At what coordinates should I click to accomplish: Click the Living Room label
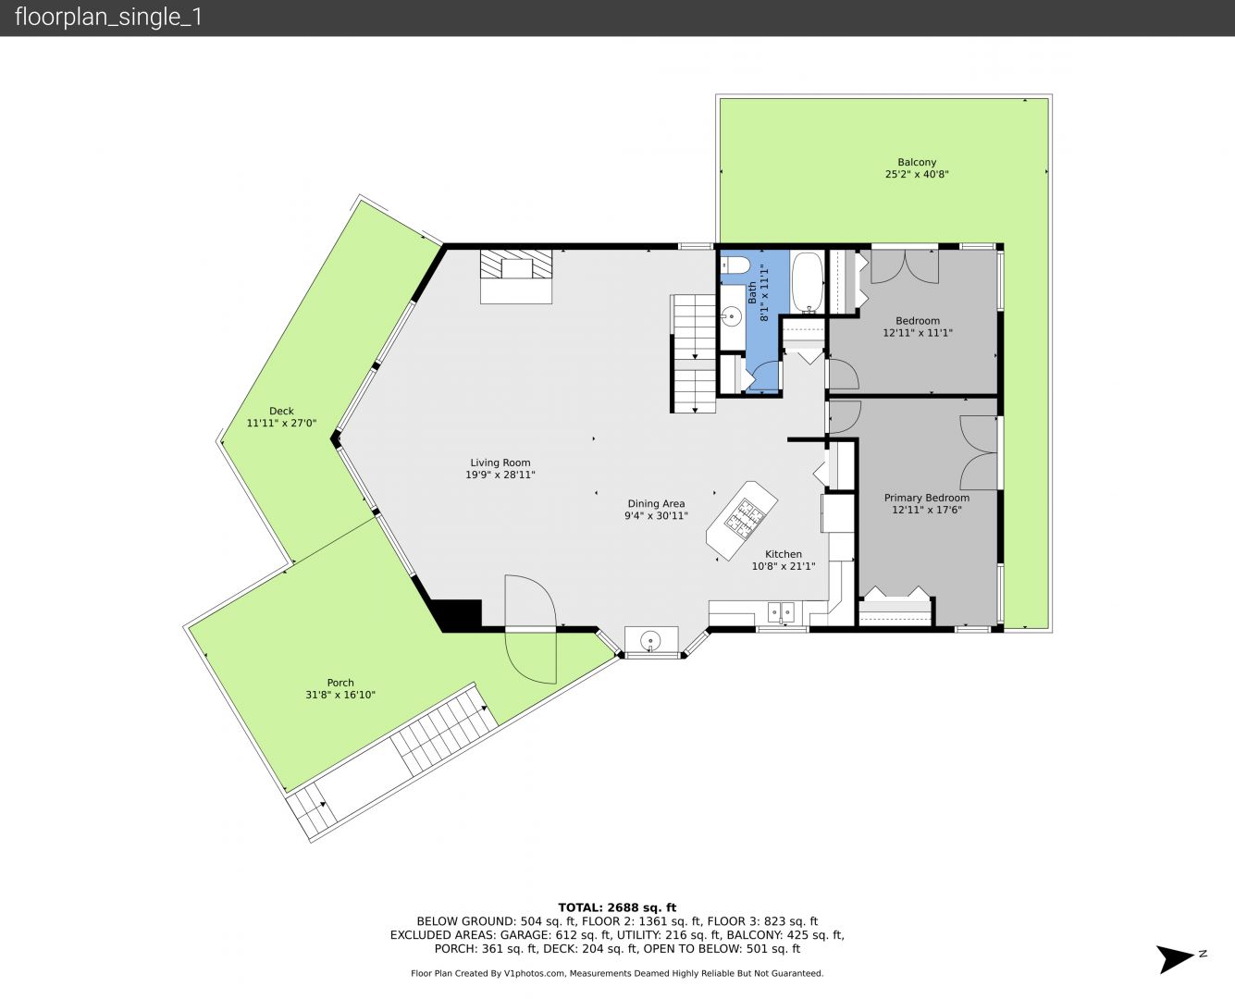500,462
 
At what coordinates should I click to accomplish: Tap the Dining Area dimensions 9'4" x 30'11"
656,516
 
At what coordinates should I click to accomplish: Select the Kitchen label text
784,554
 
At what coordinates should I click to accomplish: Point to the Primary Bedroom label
927,498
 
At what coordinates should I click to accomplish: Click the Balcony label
917,163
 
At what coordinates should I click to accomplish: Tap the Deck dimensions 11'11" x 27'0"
281,424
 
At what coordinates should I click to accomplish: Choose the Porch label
340,683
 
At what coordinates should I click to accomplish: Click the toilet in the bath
735,265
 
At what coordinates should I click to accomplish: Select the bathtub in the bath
808,282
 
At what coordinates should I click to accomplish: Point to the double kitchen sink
781,611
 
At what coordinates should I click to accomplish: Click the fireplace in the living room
516,276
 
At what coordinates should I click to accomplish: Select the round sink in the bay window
650,641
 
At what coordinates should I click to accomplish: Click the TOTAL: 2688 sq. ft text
617,907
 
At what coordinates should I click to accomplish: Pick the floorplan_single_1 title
108,18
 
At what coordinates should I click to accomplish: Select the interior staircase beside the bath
694,353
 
